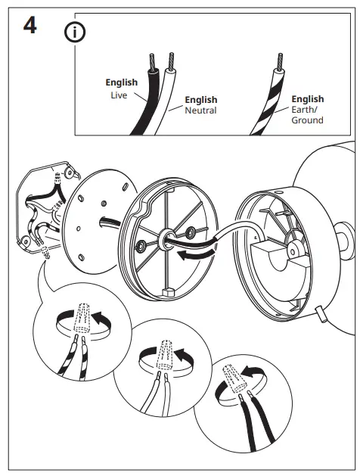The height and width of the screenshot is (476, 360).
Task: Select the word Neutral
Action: click(x=200, y=110)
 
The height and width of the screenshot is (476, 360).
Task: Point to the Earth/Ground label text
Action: click(x=307, y=115)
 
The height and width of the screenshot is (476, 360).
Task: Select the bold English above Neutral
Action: click(x=200, y=100)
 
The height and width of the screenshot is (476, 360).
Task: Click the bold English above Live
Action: click(x=121, y=82)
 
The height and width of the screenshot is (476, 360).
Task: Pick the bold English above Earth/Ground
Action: click(x=307, y=99)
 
